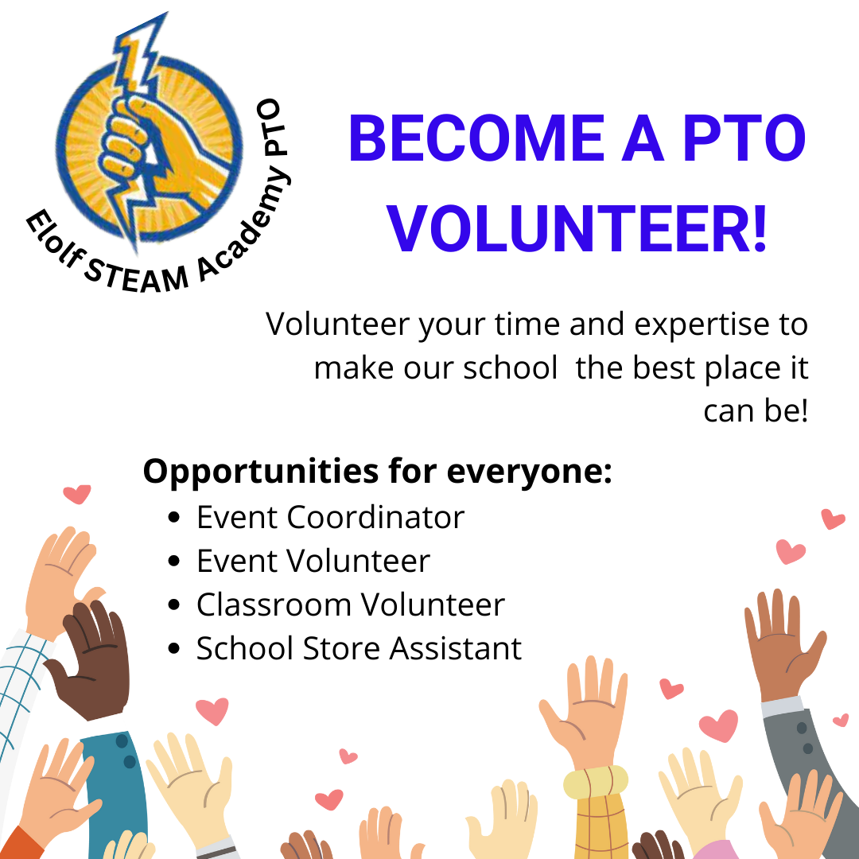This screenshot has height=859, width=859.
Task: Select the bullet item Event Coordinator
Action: pyautogui.click(x=330, y=518)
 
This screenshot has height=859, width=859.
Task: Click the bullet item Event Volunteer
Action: pyautogui.click(x=313, y=562)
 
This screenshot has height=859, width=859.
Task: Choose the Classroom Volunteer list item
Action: pyautogui.click(x=350, y=605)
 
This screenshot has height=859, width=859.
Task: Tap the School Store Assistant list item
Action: pyautogui.click(x=359, y=649)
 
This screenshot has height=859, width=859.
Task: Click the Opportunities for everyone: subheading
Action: pyautogui.click(x=378, y=472)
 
